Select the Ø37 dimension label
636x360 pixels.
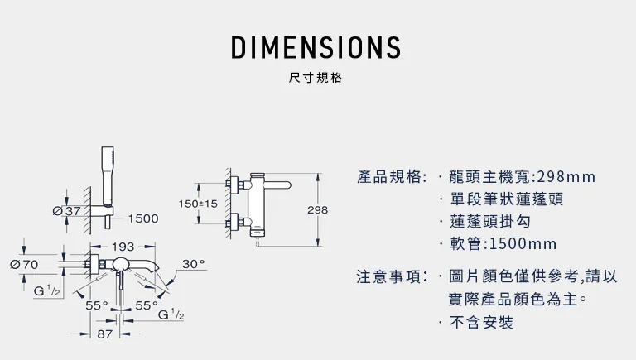(x=66, y=211)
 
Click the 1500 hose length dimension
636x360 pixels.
(x=144, y=218)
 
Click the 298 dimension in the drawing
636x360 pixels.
(x=317, y=210)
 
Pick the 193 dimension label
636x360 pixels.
(x=123, y=247)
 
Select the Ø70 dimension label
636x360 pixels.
(x=24, y=264)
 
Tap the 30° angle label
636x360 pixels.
(x=193, y=264)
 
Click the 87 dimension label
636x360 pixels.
(x=105, y=334)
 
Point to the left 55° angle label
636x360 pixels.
(x=97, y=305)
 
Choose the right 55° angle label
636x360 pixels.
(x=146, y=305)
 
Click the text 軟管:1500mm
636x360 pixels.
(x=502, y=245)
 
